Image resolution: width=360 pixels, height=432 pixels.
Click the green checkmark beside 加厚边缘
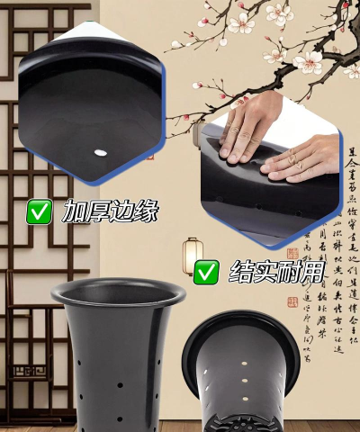tap(39, 212)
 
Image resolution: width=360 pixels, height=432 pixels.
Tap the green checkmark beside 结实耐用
tap(207, 270)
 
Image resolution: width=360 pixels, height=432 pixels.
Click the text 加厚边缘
tap(111, 212)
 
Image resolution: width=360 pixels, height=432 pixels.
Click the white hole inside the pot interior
tap(99, 150)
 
